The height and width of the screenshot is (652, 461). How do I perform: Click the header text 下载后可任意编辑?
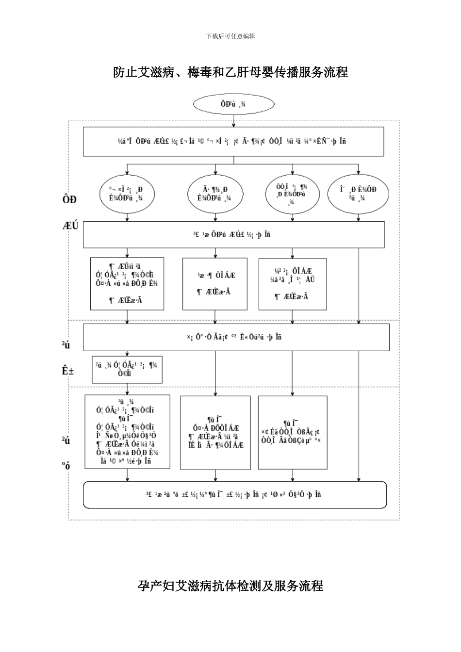(230, 36)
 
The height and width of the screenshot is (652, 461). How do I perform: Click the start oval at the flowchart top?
(233, 104)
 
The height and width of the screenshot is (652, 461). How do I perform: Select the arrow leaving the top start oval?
(233, 120)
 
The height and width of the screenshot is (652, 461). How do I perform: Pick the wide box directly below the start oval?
(233, 142)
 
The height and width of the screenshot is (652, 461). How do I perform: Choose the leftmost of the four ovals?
(127, 194)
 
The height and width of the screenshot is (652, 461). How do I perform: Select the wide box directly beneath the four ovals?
(233, 235)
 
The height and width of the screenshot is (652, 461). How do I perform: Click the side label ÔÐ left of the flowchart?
(69, 199)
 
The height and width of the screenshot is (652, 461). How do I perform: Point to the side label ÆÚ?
(71, 226)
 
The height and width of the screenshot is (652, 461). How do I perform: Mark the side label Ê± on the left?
(67, 371)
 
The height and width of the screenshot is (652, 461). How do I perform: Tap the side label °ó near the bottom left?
(66, 466)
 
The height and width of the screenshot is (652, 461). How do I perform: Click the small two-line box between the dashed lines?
(127, 370)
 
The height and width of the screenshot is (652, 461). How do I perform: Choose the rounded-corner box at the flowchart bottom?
(235, 495)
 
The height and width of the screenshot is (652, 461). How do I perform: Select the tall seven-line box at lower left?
(127, 432)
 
